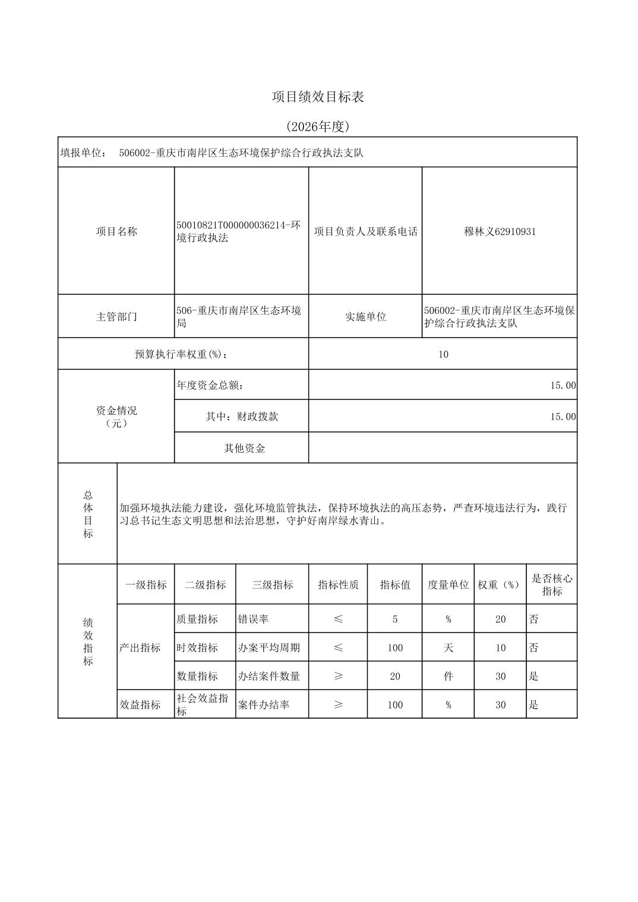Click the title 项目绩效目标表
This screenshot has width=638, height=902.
point(318,97)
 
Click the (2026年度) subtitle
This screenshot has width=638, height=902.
point(318,126)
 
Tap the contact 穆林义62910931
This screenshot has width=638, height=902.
point(500,231)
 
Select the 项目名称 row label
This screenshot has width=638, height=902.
point(116,231)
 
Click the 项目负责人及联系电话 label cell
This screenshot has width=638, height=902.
point(365,231)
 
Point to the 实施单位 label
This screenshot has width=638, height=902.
point(365,317)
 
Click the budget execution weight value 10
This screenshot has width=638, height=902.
point(443,354)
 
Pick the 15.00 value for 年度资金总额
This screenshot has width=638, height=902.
point(563,385)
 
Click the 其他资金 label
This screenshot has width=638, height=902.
point(244,448)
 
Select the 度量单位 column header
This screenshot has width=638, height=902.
point(448,585)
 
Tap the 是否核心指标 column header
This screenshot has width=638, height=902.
point(552,585)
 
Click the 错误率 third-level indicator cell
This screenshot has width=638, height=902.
point(253,619)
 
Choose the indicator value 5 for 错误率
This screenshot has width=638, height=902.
point(395,619)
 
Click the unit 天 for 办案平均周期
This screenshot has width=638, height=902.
point(448,647)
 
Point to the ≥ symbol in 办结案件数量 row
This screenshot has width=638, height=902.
point(338,676)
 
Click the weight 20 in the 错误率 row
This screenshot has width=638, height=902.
point(500,619)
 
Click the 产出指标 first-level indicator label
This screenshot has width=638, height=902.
point(140,647)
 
